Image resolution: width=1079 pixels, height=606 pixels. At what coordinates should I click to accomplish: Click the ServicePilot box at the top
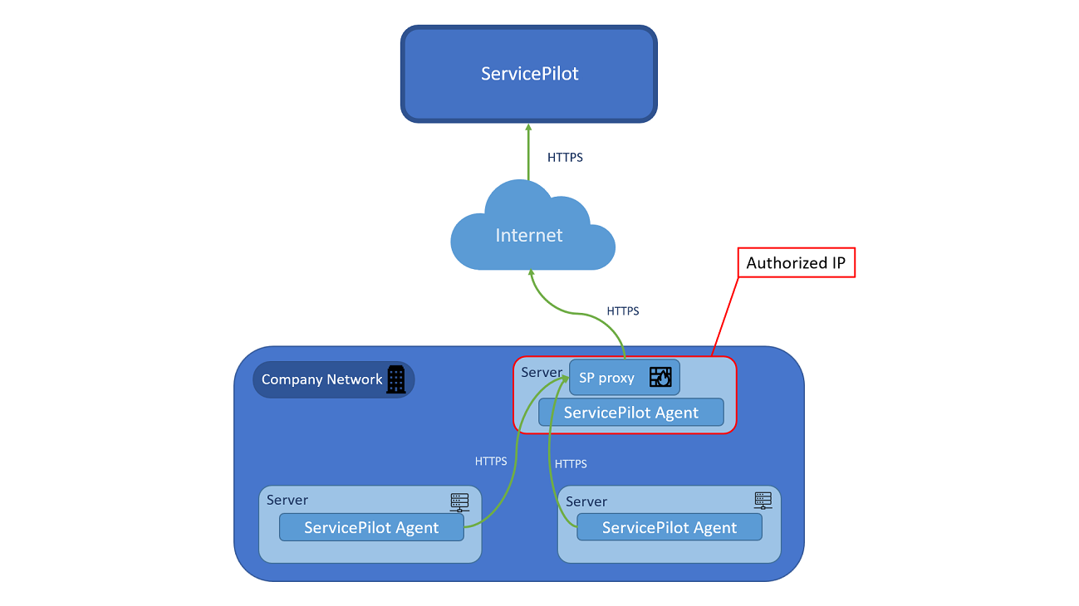529,74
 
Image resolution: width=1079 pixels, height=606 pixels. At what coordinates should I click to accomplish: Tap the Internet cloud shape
529,235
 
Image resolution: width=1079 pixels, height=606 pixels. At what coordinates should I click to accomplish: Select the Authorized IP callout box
797,263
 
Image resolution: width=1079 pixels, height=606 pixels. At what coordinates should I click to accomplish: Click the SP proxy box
607,378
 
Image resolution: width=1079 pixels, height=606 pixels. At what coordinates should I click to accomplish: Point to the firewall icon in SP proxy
660,378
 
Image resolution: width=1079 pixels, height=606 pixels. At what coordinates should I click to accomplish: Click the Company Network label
321,379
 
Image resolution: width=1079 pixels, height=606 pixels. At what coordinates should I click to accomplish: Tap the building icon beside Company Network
396,379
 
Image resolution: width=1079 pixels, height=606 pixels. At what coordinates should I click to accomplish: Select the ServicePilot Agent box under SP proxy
631,413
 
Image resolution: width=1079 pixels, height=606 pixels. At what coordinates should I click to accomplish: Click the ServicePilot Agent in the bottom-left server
371,527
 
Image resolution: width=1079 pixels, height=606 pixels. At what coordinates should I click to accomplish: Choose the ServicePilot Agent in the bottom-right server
669,527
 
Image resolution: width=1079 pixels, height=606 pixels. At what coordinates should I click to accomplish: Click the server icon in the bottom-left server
459,501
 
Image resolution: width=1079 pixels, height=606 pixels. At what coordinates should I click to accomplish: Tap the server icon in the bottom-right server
763,501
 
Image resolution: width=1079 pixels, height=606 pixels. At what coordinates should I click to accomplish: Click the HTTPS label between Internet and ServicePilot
565,157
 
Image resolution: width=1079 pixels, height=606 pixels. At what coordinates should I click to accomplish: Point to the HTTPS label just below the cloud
623,311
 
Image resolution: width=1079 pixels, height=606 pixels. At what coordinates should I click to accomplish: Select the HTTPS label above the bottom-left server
491,461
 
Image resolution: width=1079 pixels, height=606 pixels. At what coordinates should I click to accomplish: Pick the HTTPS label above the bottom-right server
571,464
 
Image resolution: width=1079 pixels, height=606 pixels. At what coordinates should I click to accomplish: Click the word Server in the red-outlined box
542,373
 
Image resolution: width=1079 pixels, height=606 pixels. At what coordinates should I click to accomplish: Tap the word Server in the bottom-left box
287,500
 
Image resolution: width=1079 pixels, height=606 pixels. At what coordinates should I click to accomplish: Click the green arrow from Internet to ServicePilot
528,154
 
